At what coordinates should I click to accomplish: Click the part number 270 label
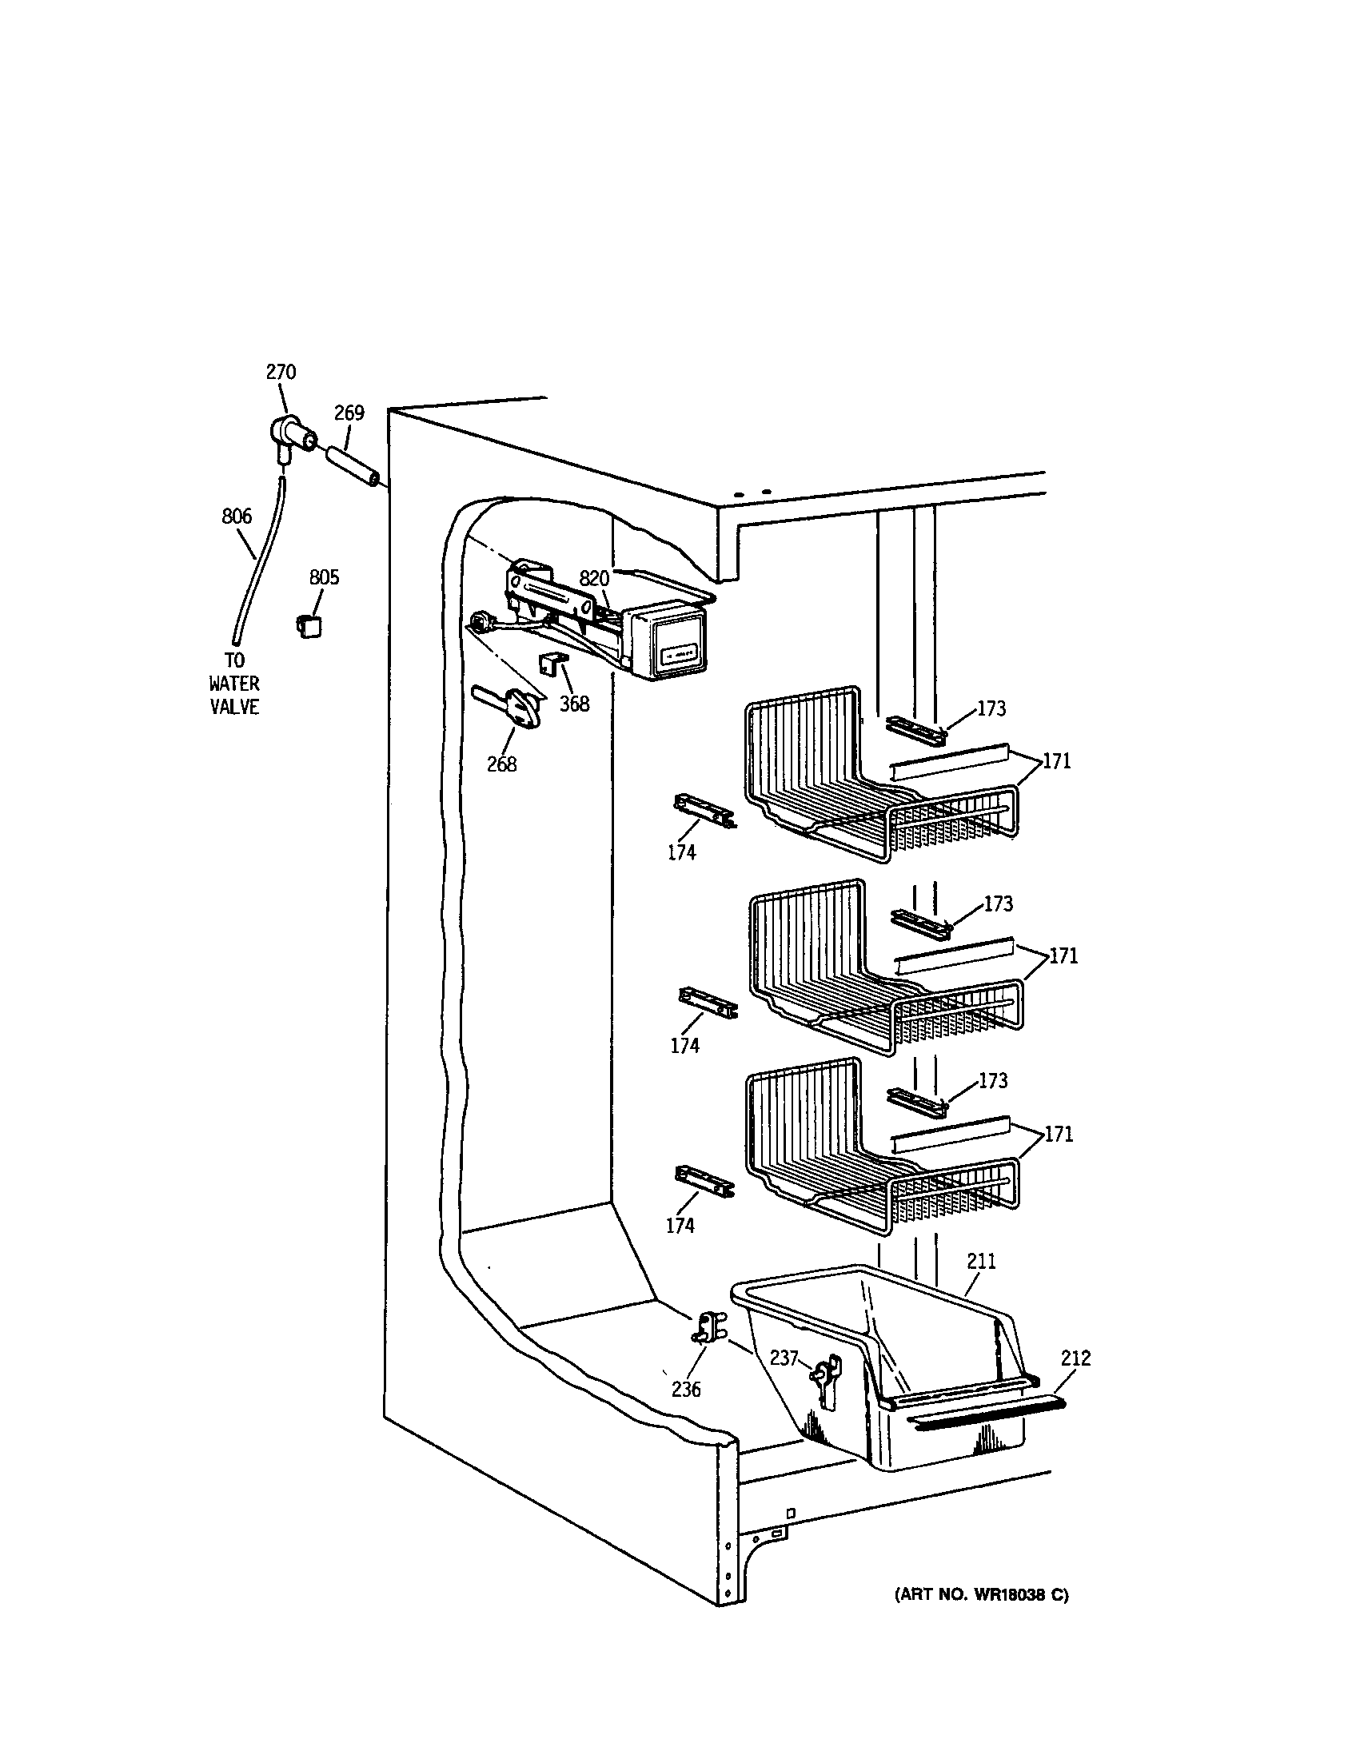pyautogui.click(x=281, y=372)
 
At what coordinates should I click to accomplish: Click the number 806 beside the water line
pyautogui.click(x=237, y=516)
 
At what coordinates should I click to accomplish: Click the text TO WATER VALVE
pyautogui.click(x=234, y=684)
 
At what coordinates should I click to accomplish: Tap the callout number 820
pyautogui.click(x=594, y=579)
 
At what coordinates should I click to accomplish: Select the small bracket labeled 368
pyautogui.click(x=549, y=664)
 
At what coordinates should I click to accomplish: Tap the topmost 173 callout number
pyautogui.click(x=991, y=708)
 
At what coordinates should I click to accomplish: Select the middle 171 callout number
pyautogui.click(x=1063, y=956)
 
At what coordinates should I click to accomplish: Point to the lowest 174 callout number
pyautogui.click(x=680, y=1226)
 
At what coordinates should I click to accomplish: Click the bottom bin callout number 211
pyautogui.click(x=981, y=1261)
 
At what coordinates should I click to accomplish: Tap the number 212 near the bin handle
pyautogui.click(x=1075, y=1358)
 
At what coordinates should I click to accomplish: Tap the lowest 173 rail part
pyautogui.click(x=916, y=1101)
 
